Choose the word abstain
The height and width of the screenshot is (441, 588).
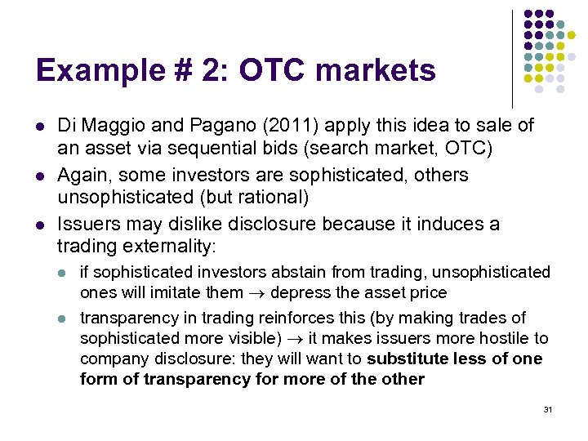277,272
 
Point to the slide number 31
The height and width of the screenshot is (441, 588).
548,408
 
